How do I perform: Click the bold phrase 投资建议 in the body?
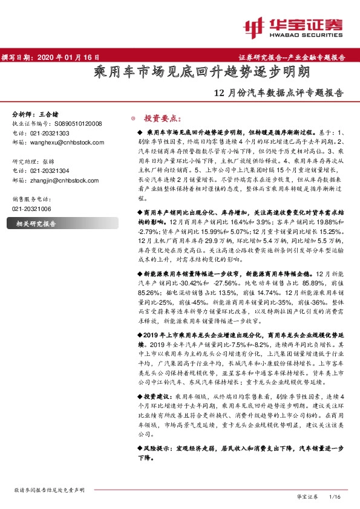point(153,392)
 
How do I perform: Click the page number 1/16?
point(335,496)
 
